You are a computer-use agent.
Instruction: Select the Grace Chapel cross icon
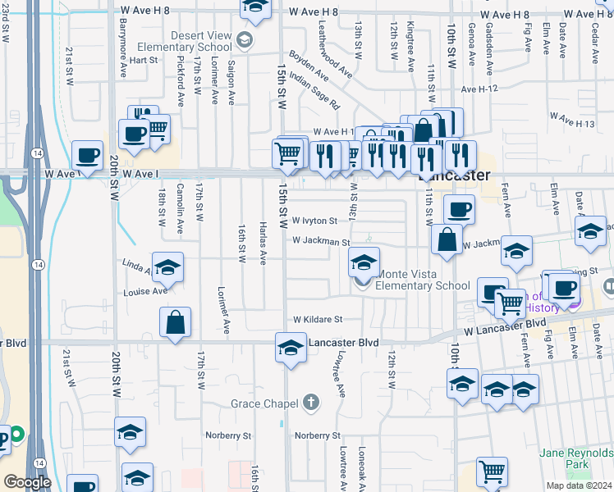[310, 403]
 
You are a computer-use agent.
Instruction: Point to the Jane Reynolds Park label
[575, 458]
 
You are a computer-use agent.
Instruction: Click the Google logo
[27, 482]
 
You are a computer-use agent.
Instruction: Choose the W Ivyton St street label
[314, 221]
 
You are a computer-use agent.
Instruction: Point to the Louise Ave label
[146, 291]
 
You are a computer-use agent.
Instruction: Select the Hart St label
[143, 60]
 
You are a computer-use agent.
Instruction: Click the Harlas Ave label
[263, 244]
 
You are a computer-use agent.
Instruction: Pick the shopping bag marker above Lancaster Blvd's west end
[176, 321]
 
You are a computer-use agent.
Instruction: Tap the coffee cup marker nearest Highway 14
[87, 155]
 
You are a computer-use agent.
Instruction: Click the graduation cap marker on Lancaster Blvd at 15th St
[290, 348]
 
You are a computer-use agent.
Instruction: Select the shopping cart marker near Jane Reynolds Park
[492, 471]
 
